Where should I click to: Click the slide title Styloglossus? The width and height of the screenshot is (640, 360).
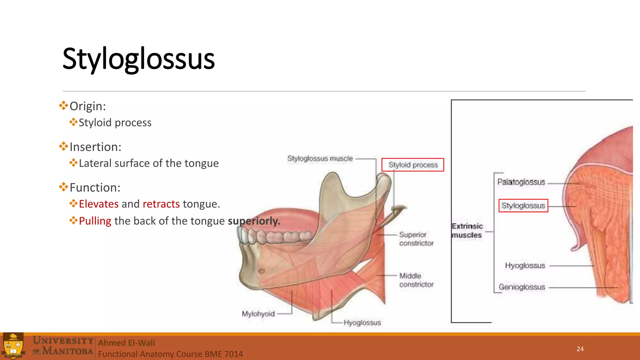tap(138, 58)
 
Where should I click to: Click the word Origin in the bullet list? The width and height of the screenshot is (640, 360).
tap(87, 106)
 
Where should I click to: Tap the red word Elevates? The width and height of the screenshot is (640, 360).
tap(98, 204)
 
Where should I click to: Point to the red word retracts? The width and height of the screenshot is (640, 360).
tap(161, 204)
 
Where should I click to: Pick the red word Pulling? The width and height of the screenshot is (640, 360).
tap(95, 221)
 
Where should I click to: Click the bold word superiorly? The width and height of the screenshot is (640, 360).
tap(253, 221)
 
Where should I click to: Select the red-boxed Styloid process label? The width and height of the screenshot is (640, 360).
tap(413, 165)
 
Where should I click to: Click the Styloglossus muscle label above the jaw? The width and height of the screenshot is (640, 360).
tap(320, 158)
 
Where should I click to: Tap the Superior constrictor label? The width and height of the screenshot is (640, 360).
tap(416, 239)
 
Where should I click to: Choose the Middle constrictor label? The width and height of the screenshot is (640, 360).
tap(416, 280)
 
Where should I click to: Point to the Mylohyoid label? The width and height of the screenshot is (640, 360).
tap(258, 314)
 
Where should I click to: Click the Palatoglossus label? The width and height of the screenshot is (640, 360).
tap(521, 182)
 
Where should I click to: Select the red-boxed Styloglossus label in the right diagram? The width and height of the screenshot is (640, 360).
tap(523, 206)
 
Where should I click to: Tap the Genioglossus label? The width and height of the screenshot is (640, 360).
tap(522, 287)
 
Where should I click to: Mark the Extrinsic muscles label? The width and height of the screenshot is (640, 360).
tap(467, 231)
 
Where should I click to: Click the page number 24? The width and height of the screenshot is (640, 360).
tap(580, 349)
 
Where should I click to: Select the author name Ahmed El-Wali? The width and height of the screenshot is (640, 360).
tap(127, 343)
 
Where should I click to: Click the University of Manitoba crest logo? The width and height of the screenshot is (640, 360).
tap(13, 346)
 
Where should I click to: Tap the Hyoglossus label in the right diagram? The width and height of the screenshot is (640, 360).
tap(525, 266)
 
